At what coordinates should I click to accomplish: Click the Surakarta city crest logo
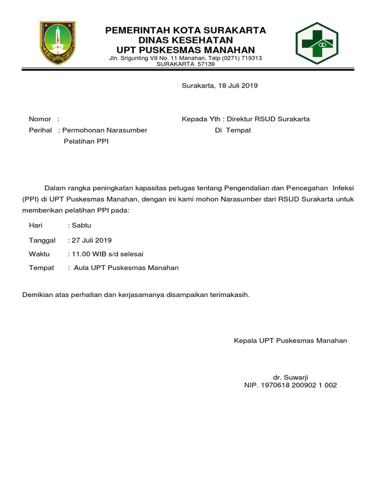[58, 43]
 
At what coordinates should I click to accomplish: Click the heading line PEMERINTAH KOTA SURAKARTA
[186, 30]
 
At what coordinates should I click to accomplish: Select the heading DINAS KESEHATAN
[186, 40]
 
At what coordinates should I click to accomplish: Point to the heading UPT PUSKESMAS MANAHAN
[186, 50]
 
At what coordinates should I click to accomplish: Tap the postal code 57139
[206, 64]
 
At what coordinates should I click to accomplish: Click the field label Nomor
[40, 119]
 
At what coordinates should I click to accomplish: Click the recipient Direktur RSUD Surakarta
[268, 119]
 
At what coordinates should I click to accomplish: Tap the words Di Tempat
[233, 131]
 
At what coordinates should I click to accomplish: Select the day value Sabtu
[82, 226]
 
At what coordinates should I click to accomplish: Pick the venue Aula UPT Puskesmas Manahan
[126, 268]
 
